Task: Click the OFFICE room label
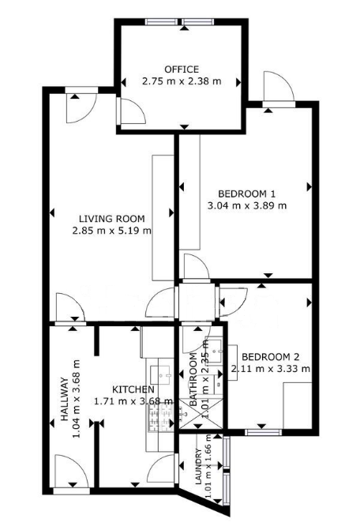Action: click(x=182, y=70)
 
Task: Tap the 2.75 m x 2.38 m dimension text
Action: click(x=182, y=81)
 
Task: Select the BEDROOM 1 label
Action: click(x=246, y=194)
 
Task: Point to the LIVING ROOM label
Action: click(x=112, y=219)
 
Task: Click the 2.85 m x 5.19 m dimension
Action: click(x=112, y=231)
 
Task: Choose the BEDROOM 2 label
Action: click(x=271, y=357)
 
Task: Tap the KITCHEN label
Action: click(x=133, y=389)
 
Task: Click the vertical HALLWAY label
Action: click(x=64, y=399)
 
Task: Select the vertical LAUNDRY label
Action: click(x=198, y=466)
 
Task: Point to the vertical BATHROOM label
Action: click(x=193, y=379)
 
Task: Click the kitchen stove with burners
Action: click(x=160, y=418)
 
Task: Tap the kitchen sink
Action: click(x=161, y=374)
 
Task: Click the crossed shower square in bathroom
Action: click(x=201, y=413)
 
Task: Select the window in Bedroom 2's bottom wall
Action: click(x=263, y=431)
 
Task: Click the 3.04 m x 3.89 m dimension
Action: click(x=246, y=205)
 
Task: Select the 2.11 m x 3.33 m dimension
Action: click(x=271, y=369)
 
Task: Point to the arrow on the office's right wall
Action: click(x=238, y=82)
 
